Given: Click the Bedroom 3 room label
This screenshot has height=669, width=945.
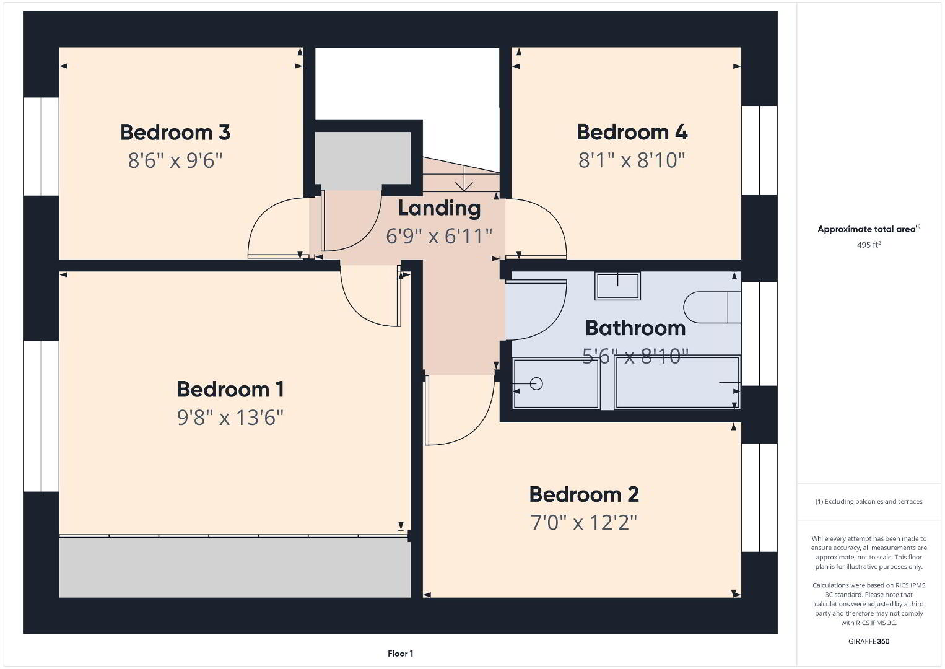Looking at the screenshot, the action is [x=175, y=132].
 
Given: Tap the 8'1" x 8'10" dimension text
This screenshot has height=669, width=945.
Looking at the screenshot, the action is [x=632, y=160].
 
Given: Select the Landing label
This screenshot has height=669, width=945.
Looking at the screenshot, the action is [x=439, y=209].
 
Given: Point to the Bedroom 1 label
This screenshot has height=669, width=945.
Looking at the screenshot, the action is [x=230, y=389].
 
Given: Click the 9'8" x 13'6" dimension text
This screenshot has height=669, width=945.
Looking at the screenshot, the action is [x=230, y=418].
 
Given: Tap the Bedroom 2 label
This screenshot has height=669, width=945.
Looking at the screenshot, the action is [x=584, y=494].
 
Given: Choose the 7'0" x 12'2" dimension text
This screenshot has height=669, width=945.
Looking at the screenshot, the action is [x=584, y=523].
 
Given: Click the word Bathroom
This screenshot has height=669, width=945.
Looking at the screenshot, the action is [x=635, y=328].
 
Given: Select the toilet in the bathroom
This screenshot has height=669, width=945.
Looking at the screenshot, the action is [x=712, y=307].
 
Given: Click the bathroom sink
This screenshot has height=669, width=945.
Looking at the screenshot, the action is [x=617, y=286].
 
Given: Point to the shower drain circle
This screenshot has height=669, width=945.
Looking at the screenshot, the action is [x=536, y=383].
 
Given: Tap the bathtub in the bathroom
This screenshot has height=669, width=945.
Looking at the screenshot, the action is [x=677, y=382].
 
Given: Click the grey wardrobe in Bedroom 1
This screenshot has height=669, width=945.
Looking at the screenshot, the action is [x=235, y=566].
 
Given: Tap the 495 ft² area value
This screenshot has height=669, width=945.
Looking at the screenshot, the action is [x=869, y=245].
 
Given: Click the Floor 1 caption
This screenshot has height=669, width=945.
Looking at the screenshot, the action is [x=401, y=654].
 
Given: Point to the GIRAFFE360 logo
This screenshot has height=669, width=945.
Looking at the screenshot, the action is [x=869, y=641].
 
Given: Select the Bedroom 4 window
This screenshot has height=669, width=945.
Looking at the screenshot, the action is [x=759, y=150].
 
